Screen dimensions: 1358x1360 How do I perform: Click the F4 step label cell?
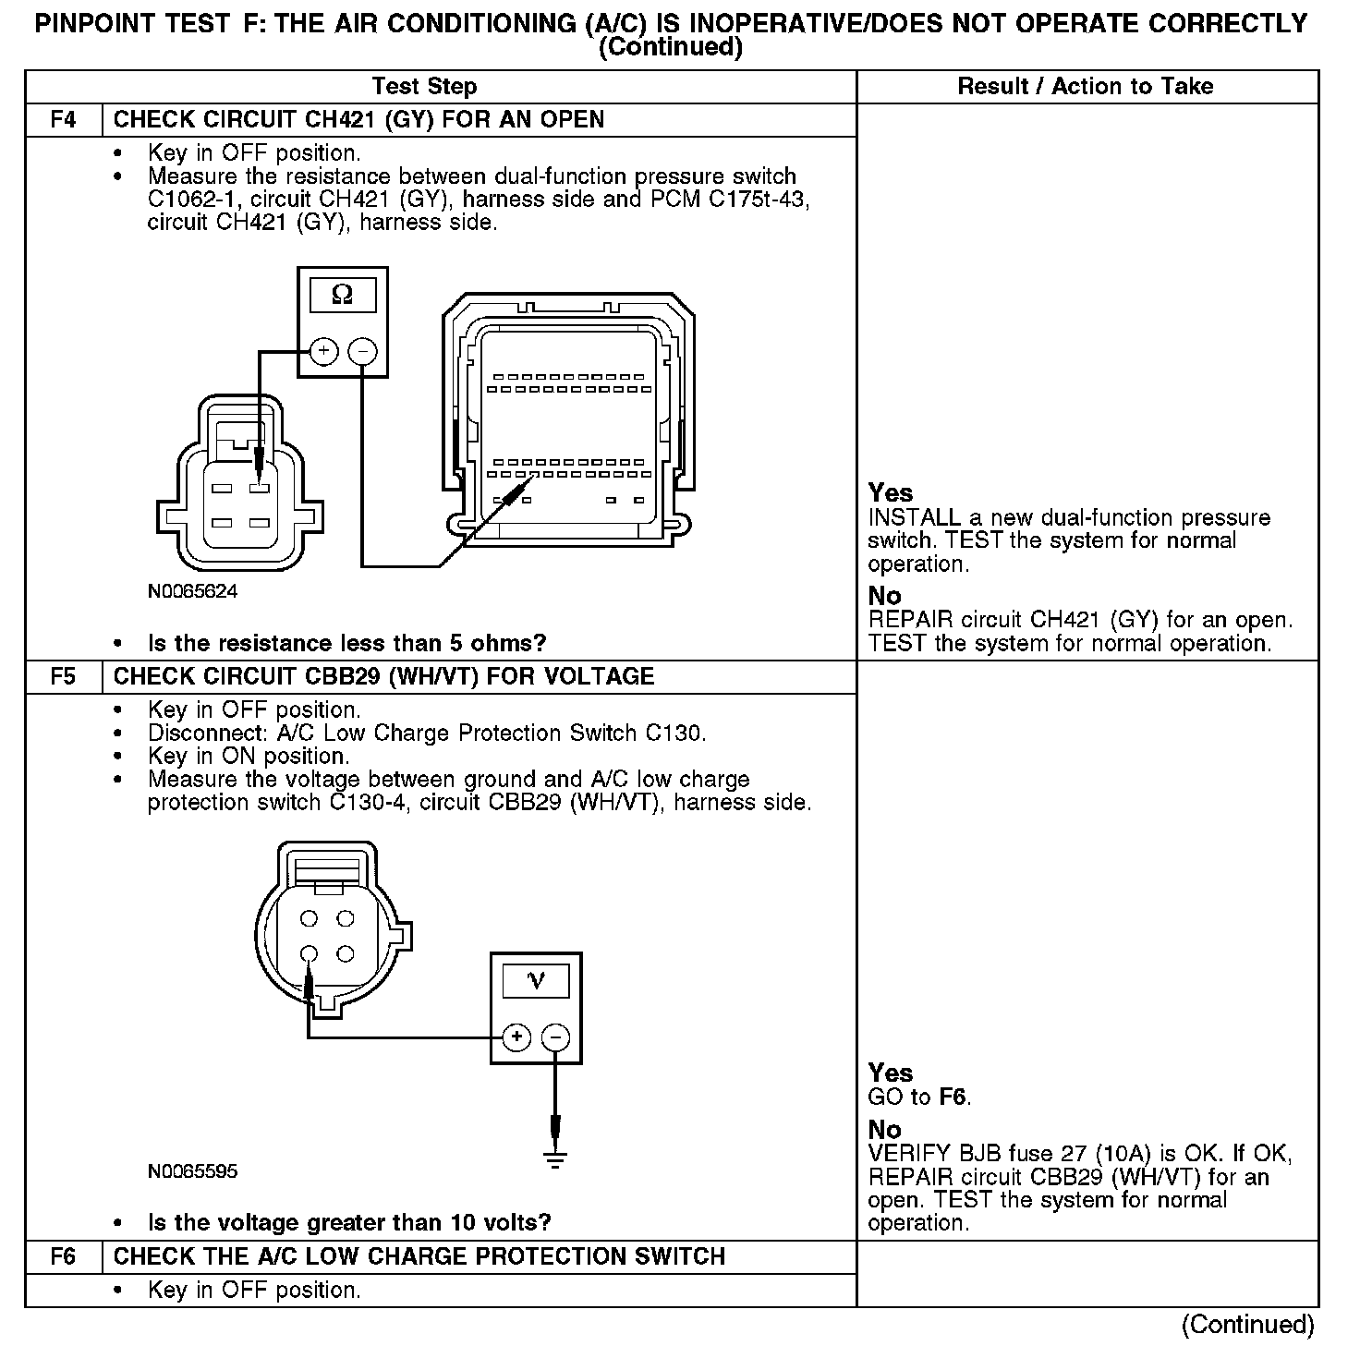(63, 120)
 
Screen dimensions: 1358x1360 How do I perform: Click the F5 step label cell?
(63, 676)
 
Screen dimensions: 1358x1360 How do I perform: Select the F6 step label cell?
(63, 1256)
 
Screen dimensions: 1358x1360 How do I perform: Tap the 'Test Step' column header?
(424, 87)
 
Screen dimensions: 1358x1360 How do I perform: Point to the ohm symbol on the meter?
(342, 296)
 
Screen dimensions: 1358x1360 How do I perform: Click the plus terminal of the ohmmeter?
(323, 351)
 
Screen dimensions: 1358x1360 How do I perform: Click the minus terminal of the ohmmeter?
(362, 351)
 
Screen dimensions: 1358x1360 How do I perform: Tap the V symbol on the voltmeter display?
(536, 980)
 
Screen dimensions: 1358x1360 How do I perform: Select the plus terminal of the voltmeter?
(516, 1037)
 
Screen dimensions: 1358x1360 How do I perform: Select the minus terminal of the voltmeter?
(554, 1037)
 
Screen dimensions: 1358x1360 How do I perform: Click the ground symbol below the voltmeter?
(554, 1159)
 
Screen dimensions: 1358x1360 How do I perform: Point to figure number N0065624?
(192, 591)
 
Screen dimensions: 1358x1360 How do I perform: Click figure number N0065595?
(192, 1171)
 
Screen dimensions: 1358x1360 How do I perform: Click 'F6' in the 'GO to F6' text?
(953, 1097)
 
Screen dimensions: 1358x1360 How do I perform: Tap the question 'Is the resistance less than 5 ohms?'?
(346, 643)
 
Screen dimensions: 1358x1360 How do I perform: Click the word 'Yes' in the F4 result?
(891, 493)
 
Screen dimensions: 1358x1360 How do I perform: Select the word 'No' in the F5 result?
(884, 1130)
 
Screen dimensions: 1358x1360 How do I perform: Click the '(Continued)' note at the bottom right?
(1247, 1325)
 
